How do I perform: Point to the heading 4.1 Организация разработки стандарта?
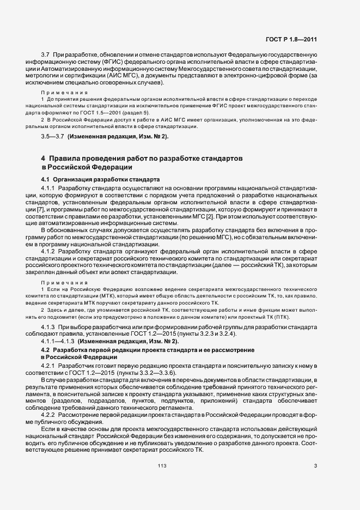pyautogui.click(x=100, y=179)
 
